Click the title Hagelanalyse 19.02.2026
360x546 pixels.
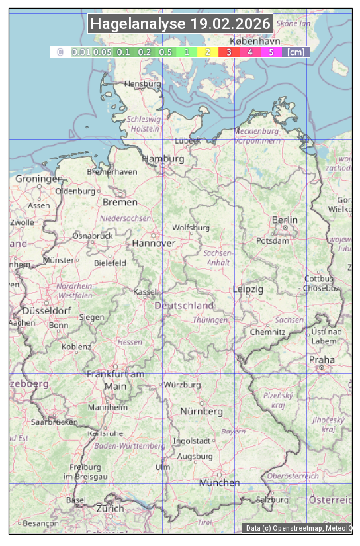(x=180, y=24)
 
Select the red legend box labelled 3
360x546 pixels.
(x=228, y=52)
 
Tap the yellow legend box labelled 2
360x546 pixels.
(x=208, y=52)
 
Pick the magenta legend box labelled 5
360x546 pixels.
(x=271, y=52)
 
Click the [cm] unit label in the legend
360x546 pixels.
(x=296, y=52)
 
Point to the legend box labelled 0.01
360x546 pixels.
(x=81, y=52)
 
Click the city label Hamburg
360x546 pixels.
(x=163, y=159)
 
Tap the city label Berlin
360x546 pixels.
(x=285, y=220)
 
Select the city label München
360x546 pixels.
(x=219, y=482)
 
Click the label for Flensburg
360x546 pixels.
(x=142, y=84)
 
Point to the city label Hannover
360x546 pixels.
(x=154, y=243)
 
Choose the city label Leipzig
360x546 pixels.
(x=248, y=289)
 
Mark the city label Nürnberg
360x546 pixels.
(x=202, y=411)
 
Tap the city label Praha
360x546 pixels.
(x=321, y=360)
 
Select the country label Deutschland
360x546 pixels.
(x=184, y=306)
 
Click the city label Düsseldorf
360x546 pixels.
(x=47, y=310)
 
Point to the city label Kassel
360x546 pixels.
(x=144, y=291)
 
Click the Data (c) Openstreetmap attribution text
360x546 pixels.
(x=298, y=527)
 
